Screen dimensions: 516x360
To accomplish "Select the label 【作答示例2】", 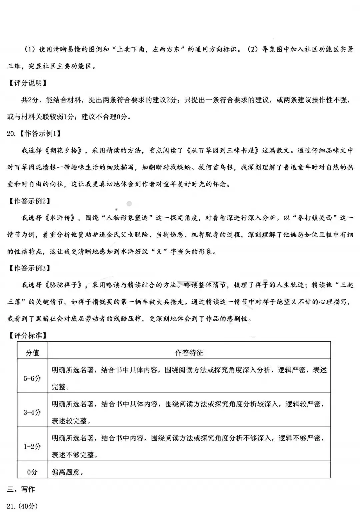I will [x=29, y=201].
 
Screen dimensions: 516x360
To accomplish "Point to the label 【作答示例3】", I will [x=29, y=268].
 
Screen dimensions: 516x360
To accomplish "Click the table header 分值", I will [x=32, y=353].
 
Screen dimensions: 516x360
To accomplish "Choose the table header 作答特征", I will [x=189, y=353].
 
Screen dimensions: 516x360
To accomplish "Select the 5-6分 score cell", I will [x=32, y=378].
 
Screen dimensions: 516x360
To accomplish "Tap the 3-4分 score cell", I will [x=32, y=412].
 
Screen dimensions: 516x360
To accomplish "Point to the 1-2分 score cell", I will [x=32, y=446].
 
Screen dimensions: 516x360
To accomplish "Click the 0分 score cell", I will [x=32, y=472].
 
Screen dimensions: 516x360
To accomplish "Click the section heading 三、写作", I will [x=21, y=489].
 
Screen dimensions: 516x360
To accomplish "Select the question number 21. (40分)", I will [x=22, y=506].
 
